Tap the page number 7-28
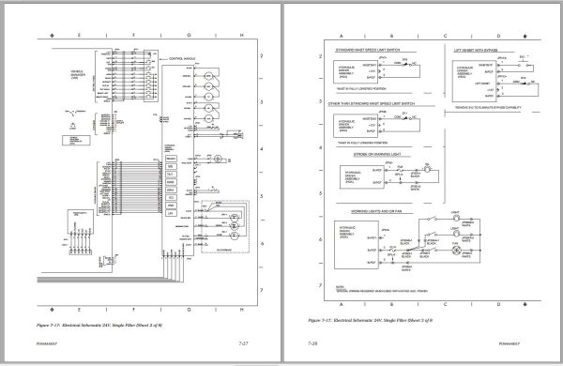[x=312, y=347]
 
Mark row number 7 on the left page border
[x=258, y=291]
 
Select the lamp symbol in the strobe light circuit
[x=424, y=173]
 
